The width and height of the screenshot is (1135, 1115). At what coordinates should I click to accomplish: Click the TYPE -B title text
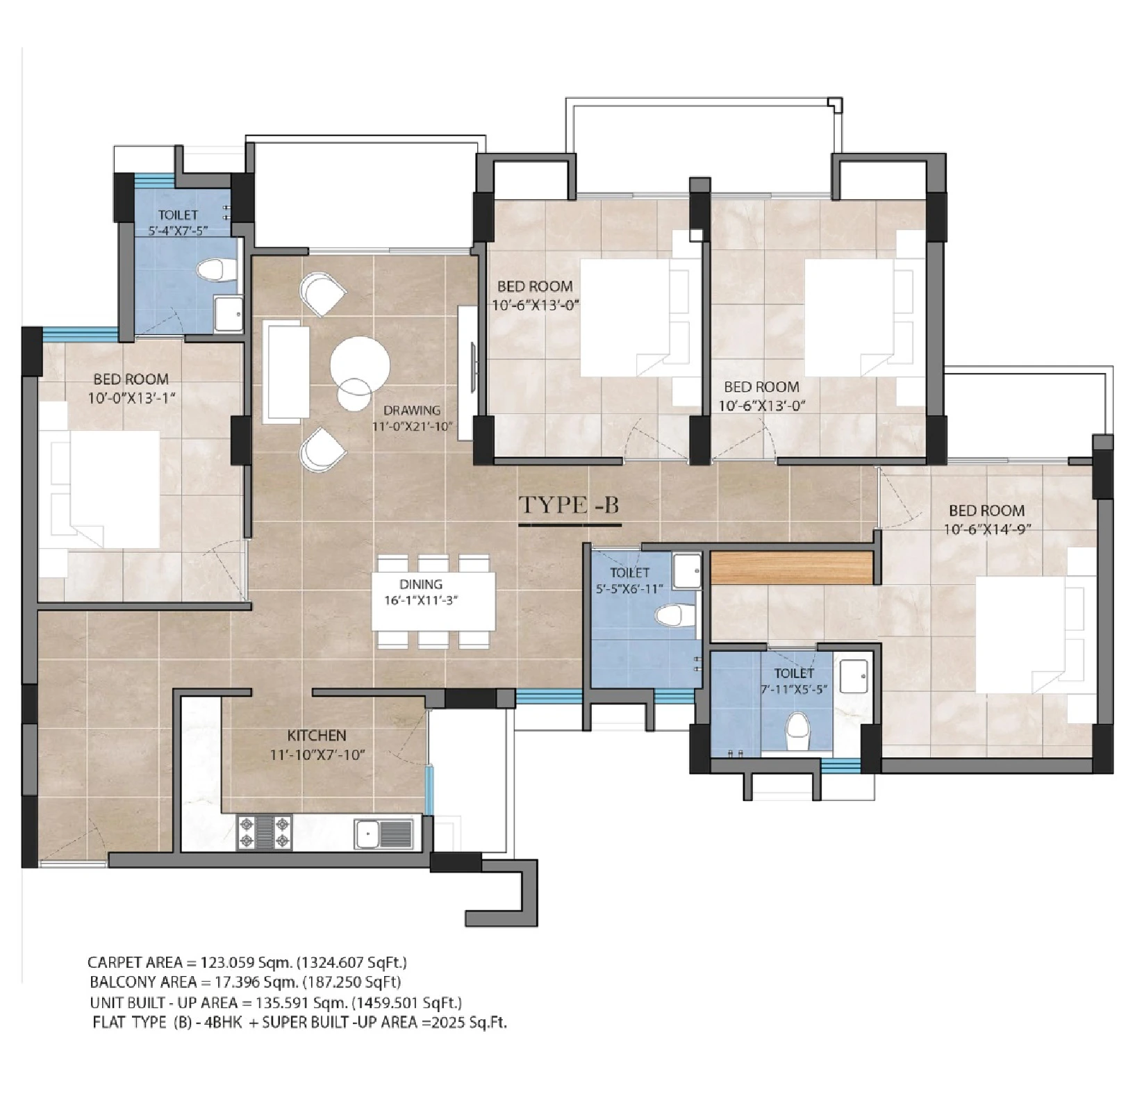pos(570,504)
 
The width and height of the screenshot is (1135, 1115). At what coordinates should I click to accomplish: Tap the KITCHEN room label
pos(317,735)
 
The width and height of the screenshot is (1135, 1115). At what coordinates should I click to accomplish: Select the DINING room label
pos(421,584)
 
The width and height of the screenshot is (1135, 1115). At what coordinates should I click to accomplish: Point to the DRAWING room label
pos(412,410)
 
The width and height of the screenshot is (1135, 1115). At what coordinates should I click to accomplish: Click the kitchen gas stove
pos(264,832)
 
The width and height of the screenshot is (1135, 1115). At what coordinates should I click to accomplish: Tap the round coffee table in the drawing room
pos(360,365)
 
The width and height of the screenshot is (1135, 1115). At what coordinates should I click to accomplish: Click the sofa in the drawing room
pos(285,372)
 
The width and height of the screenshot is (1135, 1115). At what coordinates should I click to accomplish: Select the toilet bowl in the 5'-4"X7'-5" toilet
pos(217,270)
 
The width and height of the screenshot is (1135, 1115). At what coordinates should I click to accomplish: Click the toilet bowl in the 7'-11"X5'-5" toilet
pos(797,733)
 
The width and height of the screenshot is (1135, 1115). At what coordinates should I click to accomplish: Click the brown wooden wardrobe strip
pos(792,568)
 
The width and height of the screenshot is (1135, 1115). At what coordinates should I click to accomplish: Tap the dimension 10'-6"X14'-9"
pos(986,529)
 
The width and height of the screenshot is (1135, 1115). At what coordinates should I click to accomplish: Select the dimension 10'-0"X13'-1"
pos(131,397)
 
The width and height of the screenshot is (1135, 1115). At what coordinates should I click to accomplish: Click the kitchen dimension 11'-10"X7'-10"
pos(317,755)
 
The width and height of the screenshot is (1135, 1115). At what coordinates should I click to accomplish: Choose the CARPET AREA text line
pos(247,962)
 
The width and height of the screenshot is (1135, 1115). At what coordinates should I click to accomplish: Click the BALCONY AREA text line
pos(245,982)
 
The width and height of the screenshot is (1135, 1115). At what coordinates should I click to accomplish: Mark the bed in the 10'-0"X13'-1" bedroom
pos(99,490)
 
